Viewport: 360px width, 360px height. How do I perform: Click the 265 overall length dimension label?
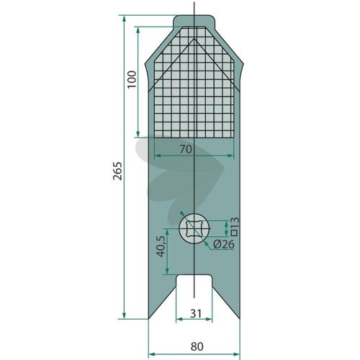click(118, 171)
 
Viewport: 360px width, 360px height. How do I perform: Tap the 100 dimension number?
click(132, 79)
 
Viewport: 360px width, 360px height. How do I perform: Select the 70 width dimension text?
click(186, 150)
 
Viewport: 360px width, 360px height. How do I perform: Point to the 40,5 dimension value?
click(162, 246)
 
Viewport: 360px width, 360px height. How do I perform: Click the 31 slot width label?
click(196, 313)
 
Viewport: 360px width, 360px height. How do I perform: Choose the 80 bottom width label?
click(197, 346)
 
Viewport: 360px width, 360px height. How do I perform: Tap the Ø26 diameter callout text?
click(224, 244)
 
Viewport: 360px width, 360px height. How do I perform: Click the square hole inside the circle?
click(194, 229)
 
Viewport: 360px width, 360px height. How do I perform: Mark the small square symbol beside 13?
click(235, 233)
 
